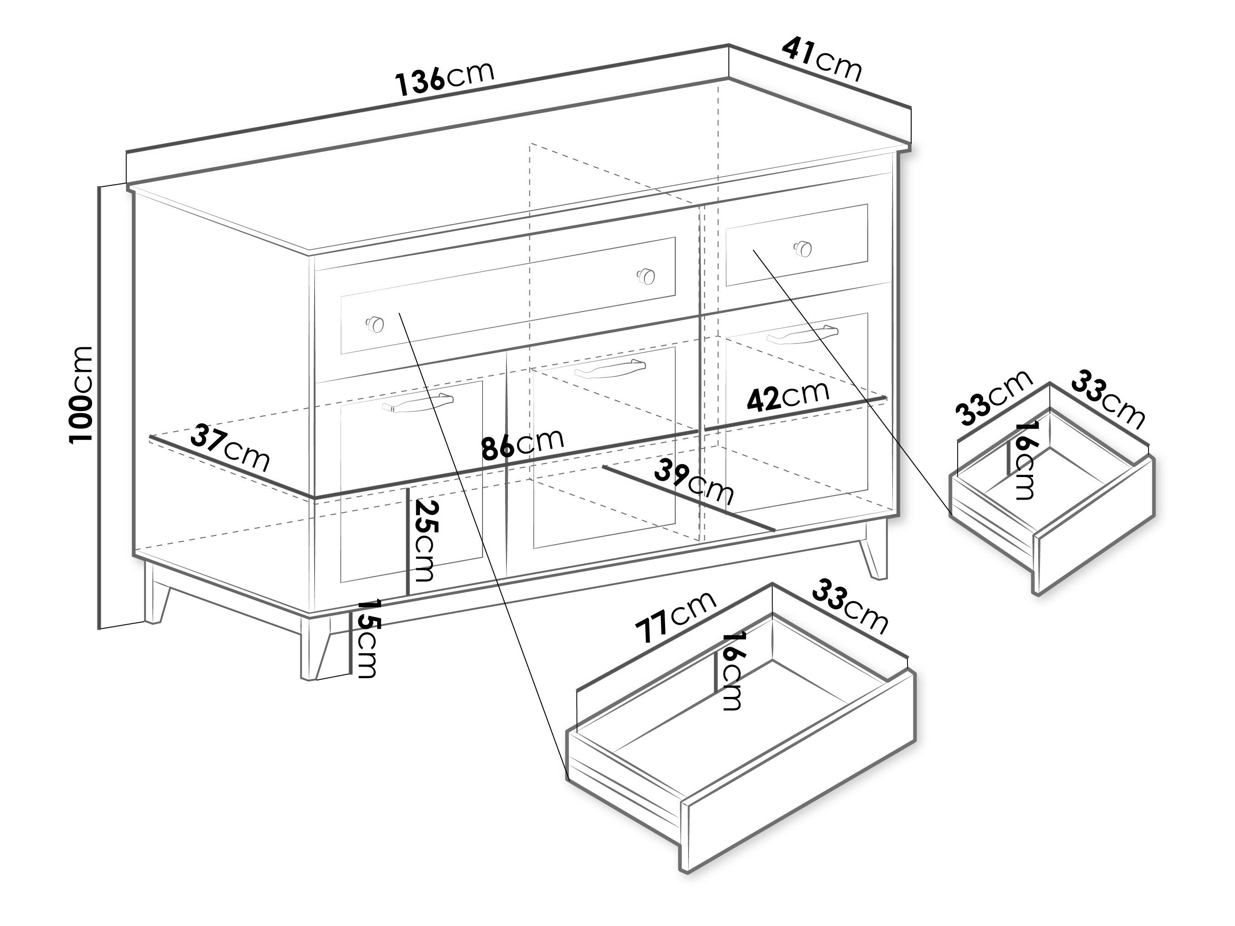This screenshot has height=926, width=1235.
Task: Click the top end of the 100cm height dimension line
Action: point(99,187)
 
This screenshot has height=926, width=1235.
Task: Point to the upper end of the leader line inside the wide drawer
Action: point(399,313)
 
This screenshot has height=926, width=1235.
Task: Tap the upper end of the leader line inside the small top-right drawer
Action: point(754,250)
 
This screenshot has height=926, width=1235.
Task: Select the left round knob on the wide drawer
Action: point(374,323)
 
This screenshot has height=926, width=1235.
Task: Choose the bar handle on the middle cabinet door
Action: point(610,368)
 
